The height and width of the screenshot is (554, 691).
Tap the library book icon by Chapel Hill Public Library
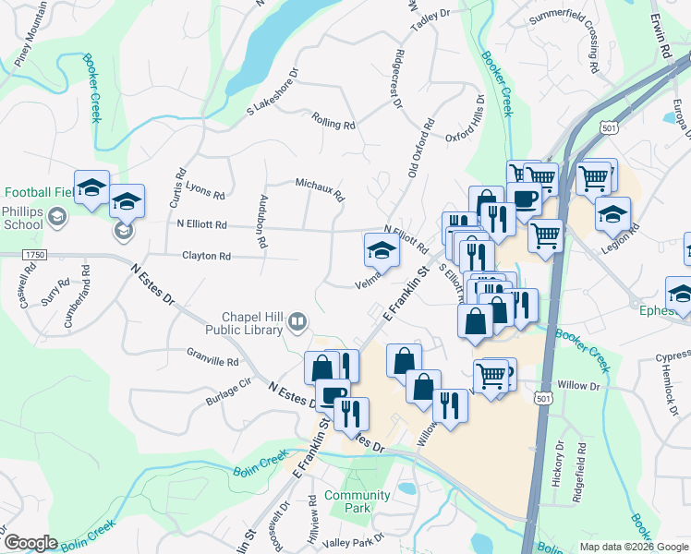point(297,322)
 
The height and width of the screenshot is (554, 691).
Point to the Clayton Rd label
point(205,256)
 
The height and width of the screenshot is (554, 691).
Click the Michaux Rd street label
point(320,189)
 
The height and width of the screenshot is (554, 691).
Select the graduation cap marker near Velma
point(381,249)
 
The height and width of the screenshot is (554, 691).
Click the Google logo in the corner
point(30,543)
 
